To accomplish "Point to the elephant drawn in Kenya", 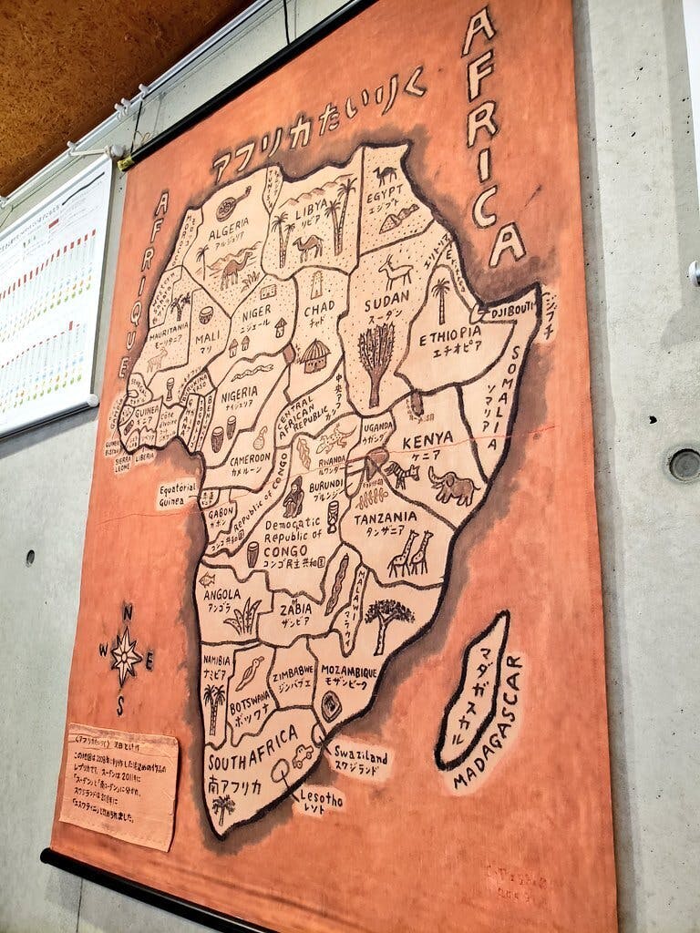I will coord(453,487).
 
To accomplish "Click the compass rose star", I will coord(125,655).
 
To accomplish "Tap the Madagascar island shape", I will coord(474,688).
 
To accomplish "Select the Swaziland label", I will coord(360,757).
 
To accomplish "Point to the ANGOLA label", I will coord(222,595).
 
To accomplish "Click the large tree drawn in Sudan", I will coord(376,359).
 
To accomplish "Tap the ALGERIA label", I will coord(235,235).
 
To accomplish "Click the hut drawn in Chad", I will coord(314,355).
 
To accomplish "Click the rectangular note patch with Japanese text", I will coord(122,785).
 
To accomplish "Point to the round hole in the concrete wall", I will coord(684,464).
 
